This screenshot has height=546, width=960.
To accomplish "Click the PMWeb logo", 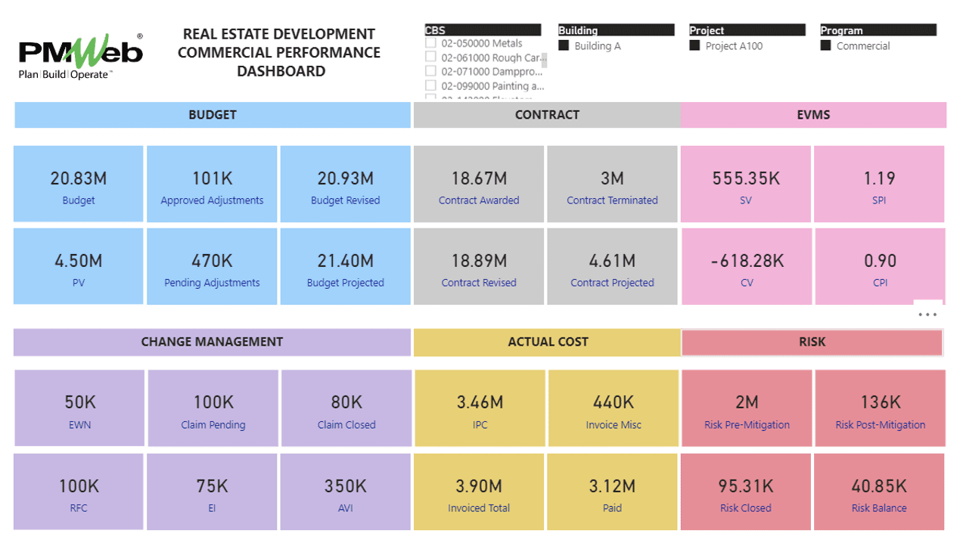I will coord(80,56).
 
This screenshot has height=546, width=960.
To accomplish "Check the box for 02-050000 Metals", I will coord(430,44).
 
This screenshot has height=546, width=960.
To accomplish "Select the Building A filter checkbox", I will coord(564,46).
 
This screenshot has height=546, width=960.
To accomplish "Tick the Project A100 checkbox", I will coord(694,46).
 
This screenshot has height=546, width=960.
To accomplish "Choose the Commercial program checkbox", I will coord(826,46).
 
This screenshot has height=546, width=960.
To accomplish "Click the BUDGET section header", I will coord(213,115).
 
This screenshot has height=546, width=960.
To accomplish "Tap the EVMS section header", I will coord(813,115).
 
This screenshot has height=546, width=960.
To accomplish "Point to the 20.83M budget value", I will coord(79,178).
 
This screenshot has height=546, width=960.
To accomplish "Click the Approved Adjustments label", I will coord(212,200).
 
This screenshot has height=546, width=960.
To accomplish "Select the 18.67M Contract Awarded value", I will coord(479,178).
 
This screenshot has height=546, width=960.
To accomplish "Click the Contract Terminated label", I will coord(612,200).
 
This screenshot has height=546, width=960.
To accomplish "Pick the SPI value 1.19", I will coord(879,178).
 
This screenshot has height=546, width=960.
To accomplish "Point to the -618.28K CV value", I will coord(746,261).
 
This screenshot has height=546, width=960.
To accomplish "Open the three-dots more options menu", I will coord(927,315).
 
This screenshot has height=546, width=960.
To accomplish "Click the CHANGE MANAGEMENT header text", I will coord(212,342).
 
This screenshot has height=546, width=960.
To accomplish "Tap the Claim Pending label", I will coord(213,425).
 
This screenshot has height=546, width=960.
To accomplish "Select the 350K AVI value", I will coord(346,486).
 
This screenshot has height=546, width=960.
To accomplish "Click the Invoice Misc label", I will coord(613,425).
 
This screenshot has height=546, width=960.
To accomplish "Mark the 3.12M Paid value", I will coord(613,486).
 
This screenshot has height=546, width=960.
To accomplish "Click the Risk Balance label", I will coord(879,508).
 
